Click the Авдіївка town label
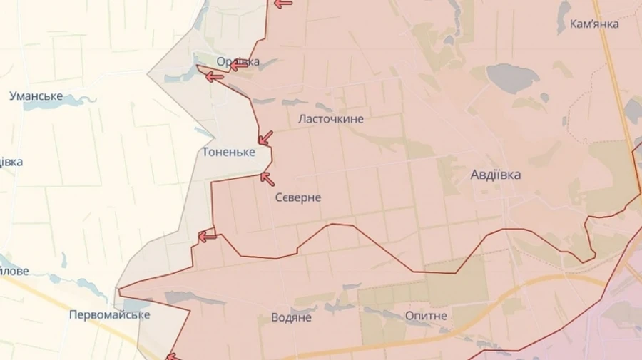[495, 175]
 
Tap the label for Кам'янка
[594, 24]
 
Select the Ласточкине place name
[330, 119]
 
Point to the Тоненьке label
[228, 152]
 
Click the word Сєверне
[297, 197]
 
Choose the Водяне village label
[291, 317]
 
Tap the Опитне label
[426, 315]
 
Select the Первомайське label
[109, 314]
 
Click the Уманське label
[36, 96]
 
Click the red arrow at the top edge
[283, 4]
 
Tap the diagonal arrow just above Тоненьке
[265, 137]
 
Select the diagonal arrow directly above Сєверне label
[267, 178]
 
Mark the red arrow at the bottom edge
[172, 356]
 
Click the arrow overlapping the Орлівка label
[238, 66]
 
